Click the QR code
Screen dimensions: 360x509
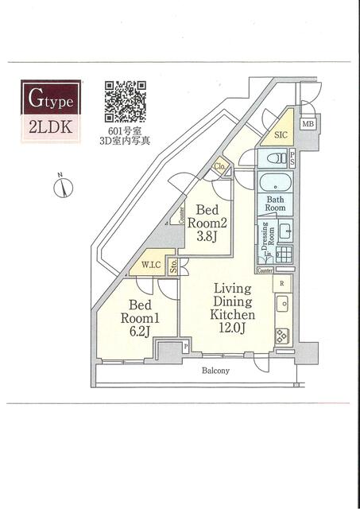click(x=125, y=101)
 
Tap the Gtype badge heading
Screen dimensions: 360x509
click(x=51, y=97)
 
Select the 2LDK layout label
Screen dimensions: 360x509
click(x=51, y=127)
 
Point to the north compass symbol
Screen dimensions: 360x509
click(x=63, y=187)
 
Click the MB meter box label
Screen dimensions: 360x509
click(x=308, y=123)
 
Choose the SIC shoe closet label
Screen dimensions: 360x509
click(x=281, y=134)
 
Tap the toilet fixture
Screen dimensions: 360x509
click(x=277, y=158)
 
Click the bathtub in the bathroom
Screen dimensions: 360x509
click(x=275, y=182)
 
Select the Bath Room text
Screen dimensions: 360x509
click(x=276, y=204)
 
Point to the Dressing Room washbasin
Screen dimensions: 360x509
click(x=285, y=231)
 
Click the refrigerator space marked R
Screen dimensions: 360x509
click(x=282, y=283)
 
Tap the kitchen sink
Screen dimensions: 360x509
click(x=284, y=304)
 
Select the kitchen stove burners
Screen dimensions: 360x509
click(x=282, y=336)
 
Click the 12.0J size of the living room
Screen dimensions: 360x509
click(x=232, y=328)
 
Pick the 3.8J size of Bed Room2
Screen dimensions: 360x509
click(x=207, y=236)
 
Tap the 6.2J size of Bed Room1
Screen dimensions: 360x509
click(x=140, y=332)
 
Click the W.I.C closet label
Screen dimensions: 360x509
click(x=151, y=265)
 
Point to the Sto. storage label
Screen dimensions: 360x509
click(x=173, y=266)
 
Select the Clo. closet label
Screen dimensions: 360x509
click(x=219, y=167)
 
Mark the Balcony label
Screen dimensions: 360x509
click(x=215, y=371)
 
